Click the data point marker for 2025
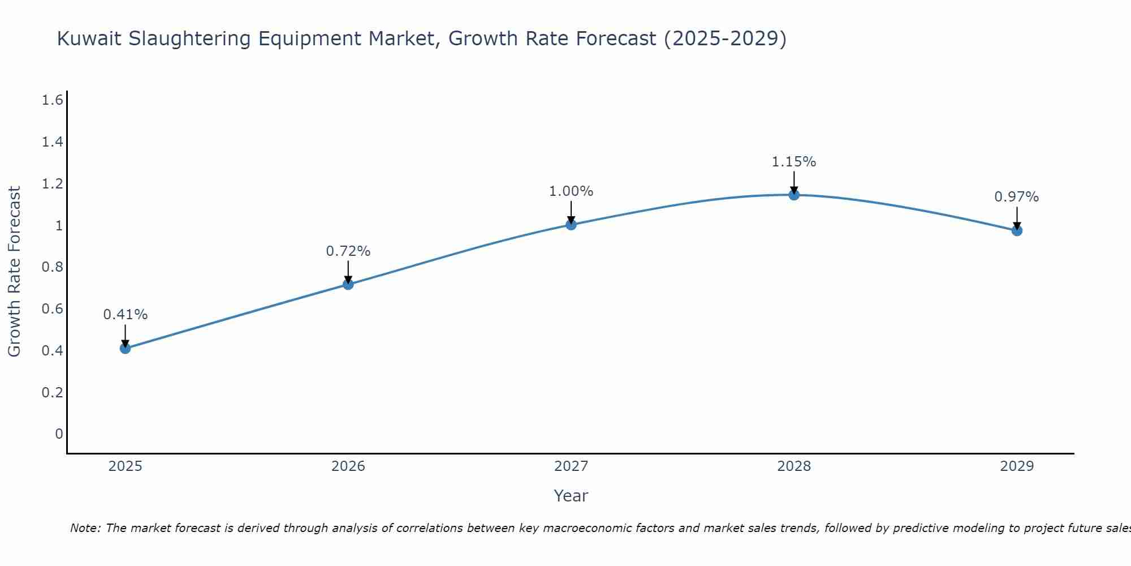coord(126,348)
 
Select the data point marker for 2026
coord(348,284)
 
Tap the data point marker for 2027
coord(571,225)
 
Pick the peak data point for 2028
coord(794,195)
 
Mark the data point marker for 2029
coord(1017,230)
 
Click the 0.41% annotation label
coord(126,315)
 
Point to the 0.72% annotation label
coord(348,251)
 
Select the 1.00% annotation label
coord(571,191)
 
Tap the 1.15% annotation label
coord(794,162)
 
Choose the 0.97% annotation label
coord(1017,197)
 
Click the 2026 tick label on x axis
coord(348,466)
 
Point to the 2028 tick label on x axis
coord(794,466)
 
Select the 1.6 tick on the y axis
coord(53,100)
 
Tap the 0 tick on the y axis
coord(59,434)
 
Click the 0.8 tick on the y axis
coord(53,267)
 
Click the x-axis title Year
coord(571,496)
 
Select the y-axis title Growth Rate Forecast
coord(14,272)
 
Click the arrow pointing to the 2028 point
coord(794,182)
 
